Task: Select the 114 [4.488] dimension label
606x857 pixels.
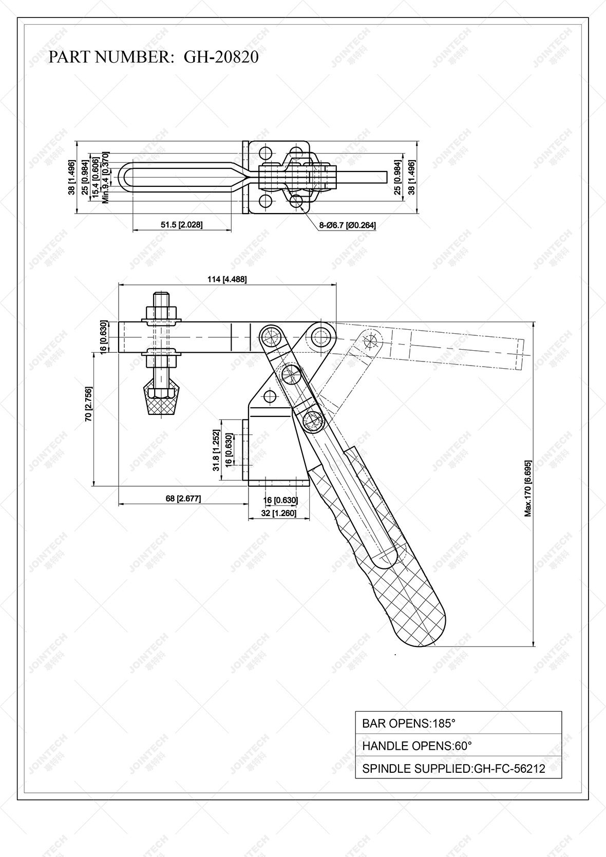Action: tap(226, 279)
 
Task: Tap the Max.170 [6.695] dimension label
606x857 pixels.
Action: tap(527, 488)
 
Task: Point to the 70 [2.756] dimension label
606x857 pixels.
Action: tap(89, 411)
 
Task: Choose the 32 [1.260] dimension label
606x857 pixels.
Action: tap(279, 513)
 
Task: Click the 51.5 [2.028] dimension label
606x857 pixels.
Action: tap(181, 225)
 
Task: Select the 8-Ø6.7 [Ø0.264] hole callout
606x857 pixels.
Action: tap(347, 225)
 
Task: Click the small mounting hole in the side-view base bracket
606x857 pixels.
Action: tap(269, 396)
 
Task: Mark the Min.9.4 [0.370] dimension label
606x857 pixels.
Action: tap(105, 178)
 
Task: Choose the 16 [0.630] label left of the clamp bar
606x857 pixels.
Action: tap(103, 336)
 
